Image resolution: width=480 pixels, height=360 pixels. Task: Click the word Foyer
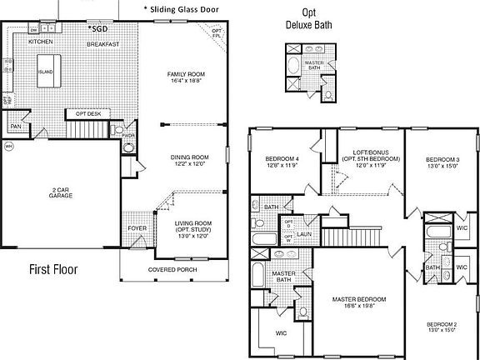click(136, 228)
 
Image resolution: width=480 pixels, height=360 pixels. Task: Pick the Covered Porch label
click(172, 270)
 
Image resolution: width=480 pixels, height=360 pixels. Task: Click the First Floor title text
click(60, 269)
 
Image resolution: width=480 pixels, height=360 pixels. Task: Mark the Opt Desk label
click(88, 113)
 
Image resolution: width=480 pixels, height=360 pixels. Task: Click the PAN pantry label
click(15, 126)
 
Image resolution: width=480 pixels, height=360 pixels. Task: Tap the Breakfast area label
click(102, 43)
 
